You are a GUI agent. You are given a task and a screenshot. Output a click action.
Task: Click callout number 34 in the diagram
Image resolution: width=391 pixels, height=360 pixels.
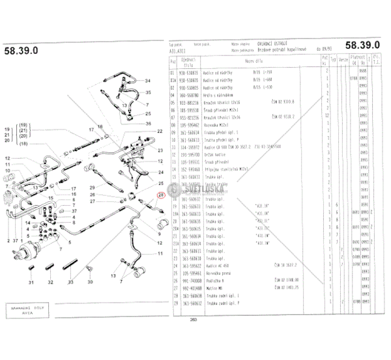(147, 80)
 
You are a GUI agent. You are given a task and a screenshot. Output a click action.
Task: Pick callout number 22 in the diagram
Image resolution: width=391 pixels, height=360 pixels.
(160, 132)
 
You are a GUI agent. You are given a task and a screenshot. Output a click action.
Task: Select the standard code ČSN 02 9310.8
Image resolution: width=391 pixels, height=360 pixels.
(281, 102)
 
